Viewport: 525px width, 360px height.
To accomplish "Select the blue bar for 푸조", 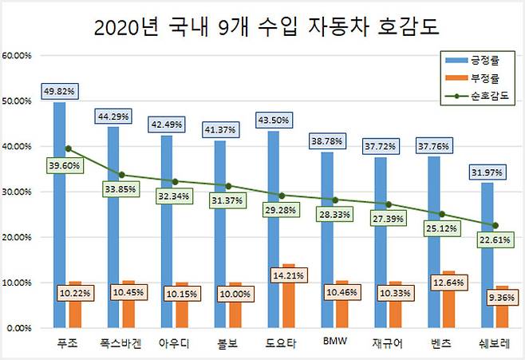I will coord(60,216).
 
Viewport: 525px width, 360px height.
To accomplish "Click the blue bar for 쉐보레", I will coord(487,255).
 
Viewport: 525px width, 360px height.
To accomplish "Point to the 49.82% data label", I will coord(59,91).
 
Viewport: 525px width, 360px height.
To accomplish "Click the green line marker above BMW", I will coord(334,200).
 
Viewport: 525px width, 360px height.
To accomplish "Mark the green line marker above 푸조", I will coord(68,148).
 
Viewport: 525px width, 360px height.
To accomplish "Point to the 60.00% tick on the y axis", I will coord(17,56).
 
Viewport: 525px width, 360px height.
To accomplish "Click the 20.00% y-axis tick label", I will coord(17,237).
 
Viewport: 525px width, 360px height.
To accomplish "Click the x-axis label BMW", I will coord(334,343).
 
